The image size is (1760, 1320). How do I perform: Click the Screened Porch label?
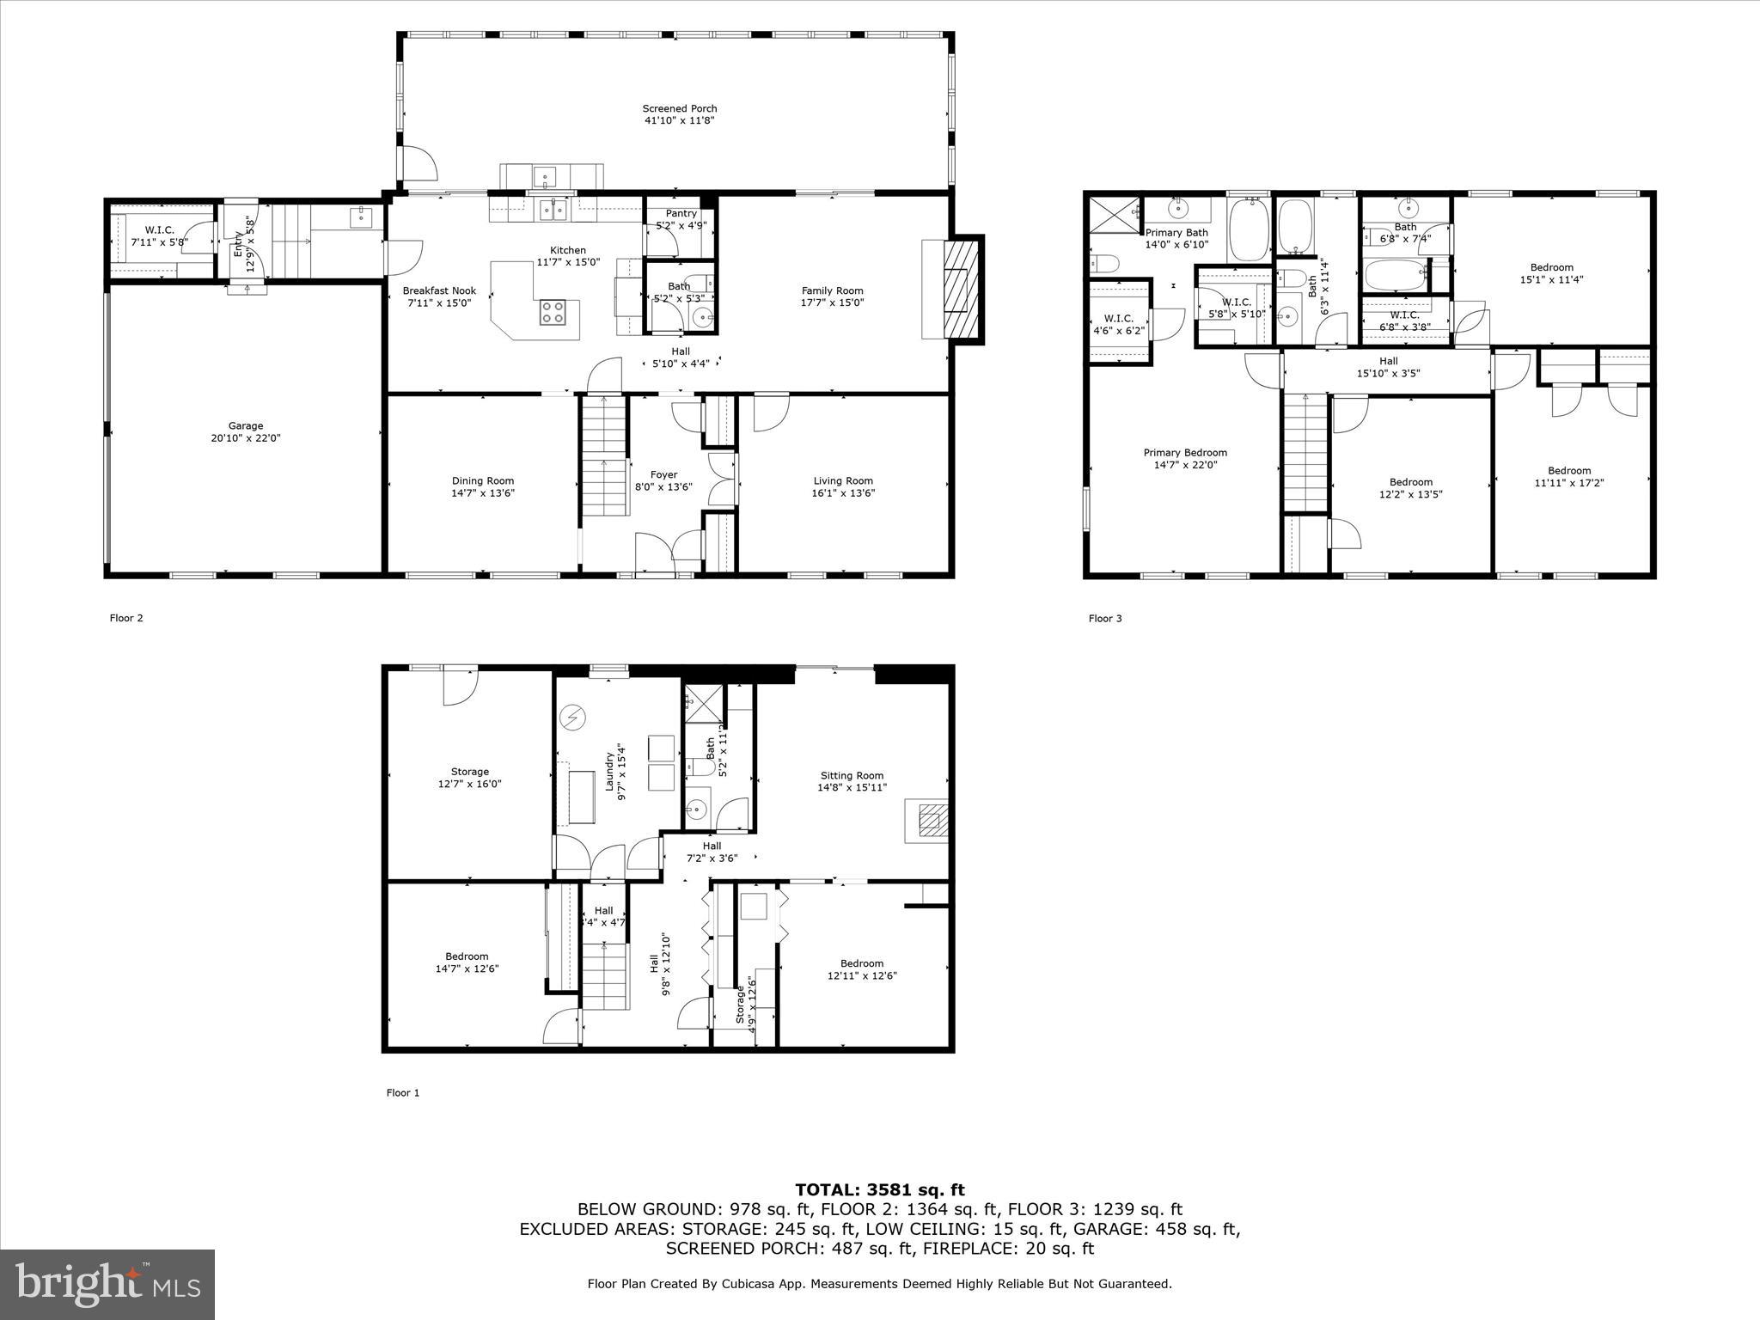pos(679,109)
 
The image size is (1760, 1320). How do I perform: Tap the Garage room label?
pos(246,426)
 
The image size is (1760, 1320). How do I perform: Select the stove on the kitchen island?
pos(553,312)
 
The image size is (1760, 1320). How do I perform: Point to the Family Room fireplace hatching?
pos(960,290)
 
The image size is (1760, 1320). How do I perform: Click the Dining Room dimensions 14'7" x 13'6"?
pos(483,493)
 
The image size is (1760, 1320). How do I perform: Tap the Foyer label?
pos(663,474)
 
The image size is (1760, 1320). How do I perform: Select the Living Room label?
pos(843,481)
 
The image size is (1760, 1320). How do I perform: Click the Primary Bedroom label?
pos(1185,453)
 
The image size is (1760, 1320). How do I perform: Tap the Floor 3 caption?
pos(1105,619)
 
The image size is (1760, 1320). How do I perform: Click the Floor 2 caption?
pos(126,618)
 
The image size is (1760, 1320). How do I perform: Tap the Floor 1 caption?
pos(403,1093)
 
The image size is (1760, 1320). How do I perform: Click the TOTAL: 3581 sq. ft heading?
pos(879,1190)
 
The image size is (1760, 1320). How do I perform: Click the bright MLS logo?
pos(107,1284)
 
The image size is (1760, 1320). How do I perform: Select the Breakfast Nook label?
pos(439,290)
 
